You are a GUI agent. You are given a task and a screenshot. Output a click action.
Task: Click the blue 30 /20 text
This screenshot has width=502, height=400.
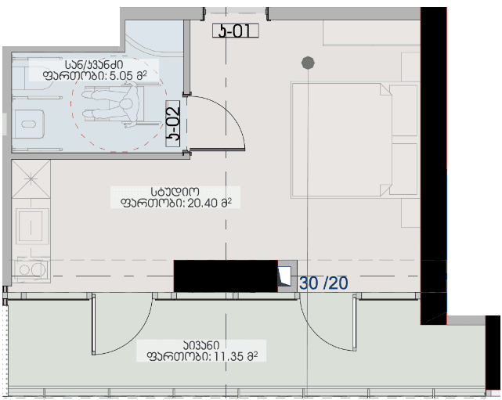click(x=323, y=283)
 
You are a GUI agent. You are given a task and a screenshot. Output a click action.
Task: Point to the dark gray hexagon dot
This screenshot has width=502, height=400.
click(x=309, y=61)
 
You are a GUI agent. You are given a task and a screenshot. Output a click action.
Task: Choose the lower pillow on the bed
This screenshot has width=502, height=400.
click(x=403, y=164)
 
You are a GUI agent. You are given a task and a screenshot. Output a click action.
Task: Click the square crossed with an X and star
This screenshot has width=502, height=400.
click(x=31, y=179)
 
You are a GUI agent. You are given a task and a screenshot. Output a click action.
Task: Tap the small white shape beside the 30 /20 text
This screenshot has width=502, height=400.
click(x=286, y=275)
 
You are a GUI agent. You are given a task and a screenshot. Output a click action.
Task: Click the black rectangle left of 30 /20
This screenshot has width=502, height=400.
click(x=226, y=276)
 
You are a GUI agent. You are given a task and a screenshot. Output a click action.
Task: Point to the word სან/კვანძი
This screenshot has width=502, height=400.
click(x=95, y=63)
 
